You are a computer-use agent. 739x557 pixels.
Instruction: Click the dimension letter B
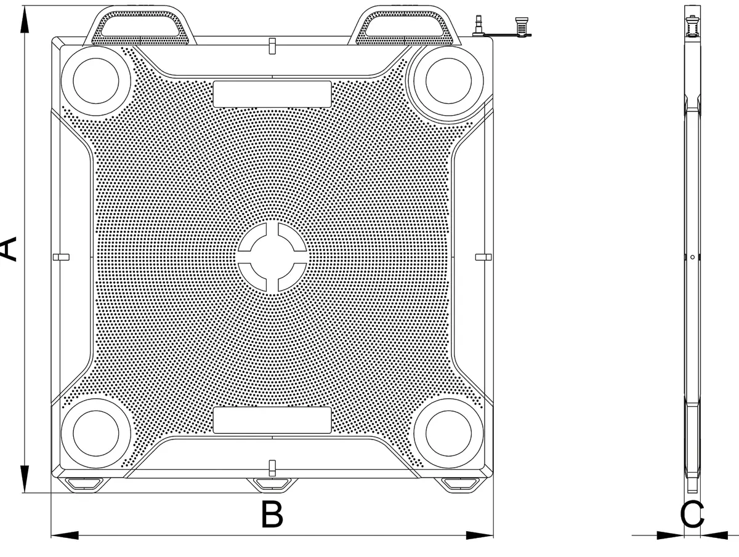tap(272, 515)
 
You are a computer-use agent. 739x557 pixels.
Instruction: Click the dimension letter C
tap(692, 515)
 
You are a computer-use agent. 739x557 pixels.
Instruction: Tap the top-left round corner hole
tap(96, 81)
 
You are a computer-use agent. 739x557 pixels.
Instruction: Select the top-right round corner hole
tap(448, 81)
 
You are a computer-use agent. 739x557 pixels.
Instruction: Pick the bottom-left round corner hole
tap(96, 433)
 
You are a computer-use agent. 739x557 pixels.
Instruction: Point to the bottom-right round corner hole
tap(448, 433)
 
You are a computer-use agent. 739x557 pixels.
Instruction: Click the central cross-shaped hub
tap(272, 257)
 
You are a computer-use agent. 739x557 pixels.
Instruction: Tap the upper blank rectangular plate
tap(272, 94)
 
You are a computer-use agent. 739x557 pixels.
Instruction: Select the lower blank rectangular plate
tap(272, 420)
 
